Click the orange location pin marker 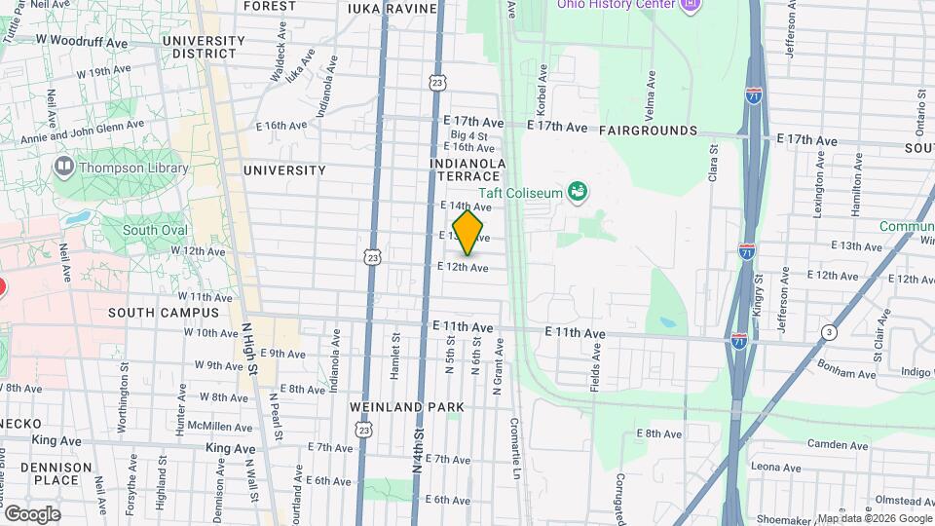point(468,232)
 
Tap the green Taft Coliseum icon point(578,191)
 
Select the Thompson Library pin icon point(64,167)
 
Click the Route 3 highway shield point(828,331)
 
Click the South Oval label point(154,231)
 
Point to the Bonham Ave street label point(820,373)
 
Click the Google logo point(31,513)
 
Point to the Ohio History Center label point(616,4)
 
